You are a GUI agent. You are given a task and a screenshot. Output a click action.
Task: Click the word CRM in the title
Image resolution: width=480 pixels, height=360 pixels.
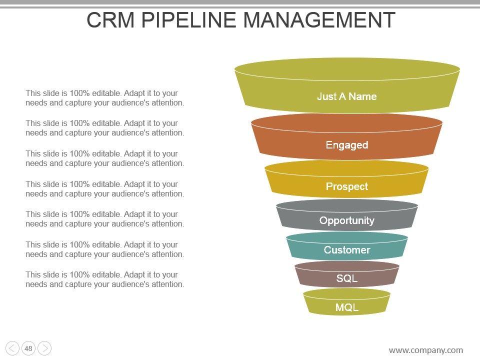pyautogui.click(x=111, y=20)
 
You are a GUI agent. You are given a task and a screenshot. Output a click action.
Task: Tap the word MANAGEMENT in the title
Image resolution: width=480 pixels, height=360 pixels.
pyautogui.click(x=319, y=20)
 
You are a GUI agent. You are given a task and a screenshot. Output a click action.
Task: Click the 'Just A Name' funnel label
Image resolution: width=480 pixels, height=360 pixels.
pyautogui.click(x=346, y=96)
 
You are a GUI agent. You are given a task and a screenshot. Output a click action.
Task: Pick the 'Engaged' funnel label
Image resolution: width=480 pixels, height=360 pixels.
pyautogui.click(x=346, y=145)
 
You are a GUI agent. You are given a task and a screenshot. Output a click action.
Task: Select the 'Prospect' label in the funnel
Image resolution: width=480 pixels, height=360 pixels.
pyautogui.click(x=346, y=186)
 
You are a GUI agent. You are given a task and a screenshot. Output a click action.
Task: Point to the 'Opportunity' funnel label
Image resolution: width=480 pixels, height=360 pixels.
pyautogui.click(x=346, y=220)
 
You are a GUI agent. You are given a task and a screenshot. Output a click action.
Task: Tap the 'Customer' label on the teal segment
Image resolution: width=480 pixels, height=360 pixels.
pyautogui.click(x=346, y=250)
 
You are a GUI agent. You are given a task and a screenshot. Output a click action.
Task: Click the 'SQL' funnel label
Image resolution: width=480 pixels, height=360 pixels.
pyautogui.click(x=346, y=278)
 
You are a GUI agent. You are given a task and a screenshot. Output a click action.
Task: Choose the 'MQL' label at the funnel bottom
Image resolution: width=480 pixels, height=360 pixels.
pyautogui.click(x=346, y=307)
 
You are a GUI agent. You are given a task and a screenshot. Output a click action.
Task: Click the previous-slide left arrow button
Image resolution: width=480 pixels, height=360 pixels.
pyautogui.click(x=12, y=348)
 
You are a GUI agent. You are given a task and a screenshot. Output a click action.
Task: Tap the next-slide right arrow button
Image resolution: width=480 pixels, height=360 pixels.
pyautogui.click(x=44, y=348)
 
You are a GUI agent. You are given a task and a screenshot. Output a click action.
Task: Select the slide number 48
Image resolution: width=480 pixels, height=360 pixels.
pyautogui.click(x=28, y=348)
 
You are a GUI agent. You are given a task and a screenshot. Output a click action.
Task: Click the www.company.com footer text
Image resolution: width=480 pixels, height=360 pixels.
pyautogui.click(x=425, y=350)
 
